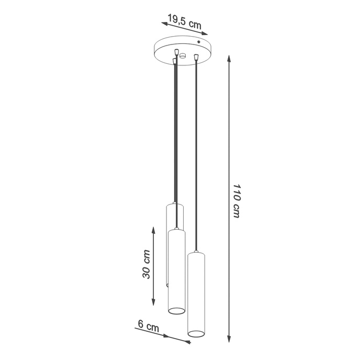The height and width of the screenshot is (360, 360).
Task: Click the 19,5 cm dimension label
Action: (184, 22)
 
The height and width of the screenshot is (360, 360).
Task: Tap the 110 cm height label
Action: (236, 201)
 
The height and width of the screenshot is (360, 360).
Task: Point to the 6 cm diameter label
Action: (149, 326)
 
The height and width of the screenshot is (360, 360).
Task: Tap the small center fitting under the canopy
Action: (183, 55)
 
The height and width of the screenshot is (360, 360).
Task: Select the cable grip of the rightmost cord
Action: (195, 57)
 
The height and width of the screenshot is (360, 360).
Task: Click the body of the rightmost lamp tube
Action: (196, 293)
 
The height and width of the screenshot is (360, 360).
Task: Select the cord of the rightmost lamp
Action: (195, 157)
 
